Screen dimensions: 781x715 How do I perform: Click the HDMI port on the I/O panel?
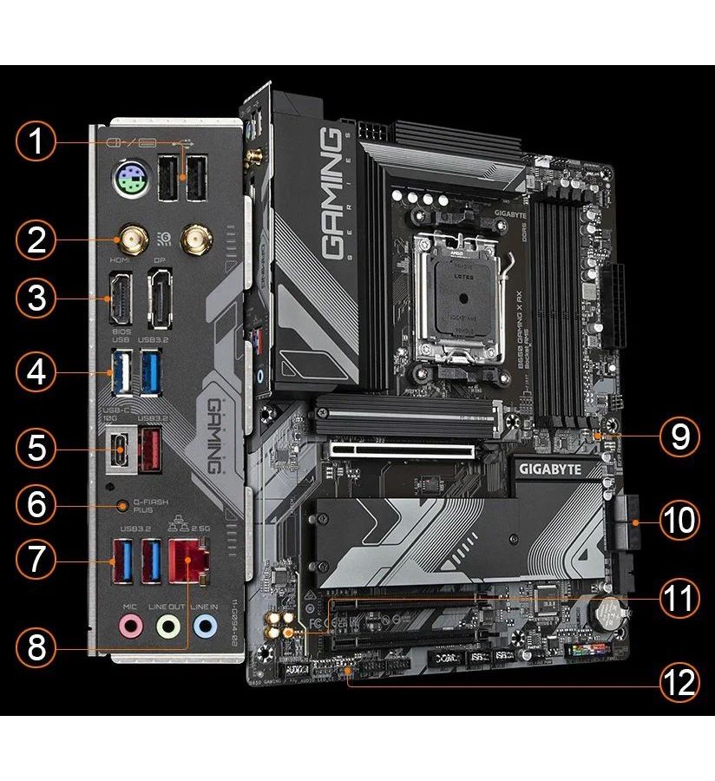tap(121, 299)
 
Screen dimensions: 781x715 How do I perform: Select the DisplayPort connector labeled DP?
tap(161, 299)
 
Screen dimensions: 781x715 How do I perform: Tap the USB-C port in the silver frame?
tap(121, 447)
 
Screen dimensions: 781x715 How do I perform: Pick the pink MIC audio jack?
tap(130, 624)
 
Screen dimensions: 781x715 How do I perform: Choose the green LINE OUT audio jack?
tap(168, 624)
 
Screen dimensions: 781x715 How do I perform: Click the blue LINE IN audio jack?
tap(206, 624)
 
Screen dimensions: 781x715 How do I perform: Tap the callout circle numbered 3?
tap(36, 299)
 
